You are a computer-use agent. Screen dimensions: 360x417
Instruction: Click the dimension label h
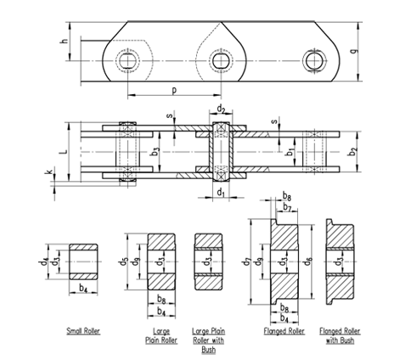(x=63, y=41)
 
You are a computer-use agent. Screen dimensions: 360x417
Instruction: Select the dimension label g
(x=363, y=50)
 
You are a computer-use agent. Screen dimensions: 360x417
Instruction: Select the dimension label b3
(x=155, y=152)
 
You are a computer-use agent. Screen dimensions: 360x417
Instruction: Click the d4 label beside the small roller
(x=44, y=257)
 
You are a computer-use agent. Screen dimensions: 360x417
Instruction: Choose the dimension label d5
(x=124, y=261)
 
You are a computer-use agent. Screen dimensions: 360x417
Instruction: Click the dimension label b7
(x=288, y=207)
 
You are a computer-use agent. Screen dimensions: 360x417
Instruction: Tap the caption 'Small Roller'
(x=83, y=329)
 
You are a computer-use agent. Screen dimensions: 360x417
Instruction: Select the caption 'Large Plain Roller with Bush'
(x=209, y=338)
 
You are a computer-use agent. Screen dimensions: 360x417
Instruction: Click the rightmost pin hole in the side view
(x=313, y=59)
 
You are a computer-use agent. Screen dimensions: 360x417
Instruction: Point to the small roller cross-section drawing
(x=83, y=262)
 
